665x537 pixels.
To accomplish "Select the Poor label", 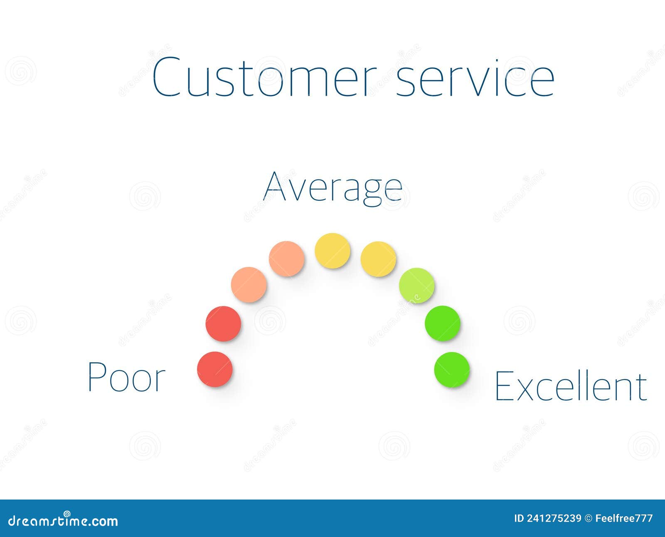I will [x=126, y=377].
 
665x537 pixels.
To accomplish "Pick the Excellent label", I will [x=571, y=386].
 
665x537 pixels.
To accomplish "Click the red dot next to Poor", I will [x=215, y=369].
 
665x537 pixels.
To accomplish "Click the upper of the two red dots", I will [x=224, y=324].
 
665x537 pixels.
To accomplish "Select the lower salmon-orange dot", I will [x=249, y=285].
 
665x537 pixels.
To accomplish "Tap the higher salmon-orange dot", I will [x=286, y=259].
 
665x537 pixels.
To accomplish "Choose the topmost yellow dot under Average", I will [x=332, y=251].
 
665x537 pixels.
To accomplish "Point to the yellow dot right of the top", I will [x=378, y=259].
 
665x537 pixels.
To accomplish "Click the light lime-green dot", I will [x=417, y=286].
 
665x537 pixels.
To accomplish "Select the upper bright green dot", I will [x=443, y=323].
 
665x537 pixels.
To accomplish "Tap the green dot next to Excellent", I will [x=452, y=370].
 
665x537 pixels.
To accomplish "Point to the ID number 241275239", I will [x=554, y=518].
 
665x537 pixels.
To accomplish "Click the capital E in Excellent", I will [x=504, y=386].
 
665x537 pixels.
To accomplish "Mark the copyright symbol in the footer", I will [x=588, y=518].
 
